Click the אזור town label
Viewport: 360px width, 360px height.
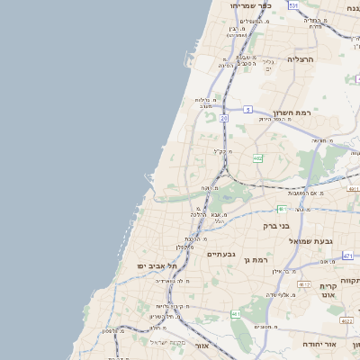click(201, 345)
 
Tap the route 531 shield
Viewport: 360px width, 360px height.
click(293, 5)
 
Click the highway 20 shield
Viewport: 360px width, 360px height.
click(222, 118)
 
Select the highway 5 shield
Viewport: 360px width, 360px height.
click(247, 109)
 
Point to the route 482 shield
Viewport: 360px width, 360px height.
click(258, 158)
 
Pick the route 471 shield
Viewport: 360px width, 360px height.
click(347, 256)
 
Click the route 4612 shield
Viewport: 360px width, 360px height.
click(304, 283)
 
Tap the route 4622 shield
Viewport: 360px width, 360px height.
click(346, 319)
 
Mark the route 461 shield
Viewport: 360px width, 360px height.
click(235, 313)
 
